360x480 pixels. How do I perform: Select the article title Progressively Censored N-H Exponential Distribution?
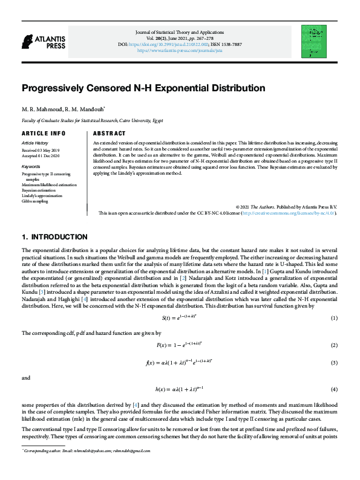click(135, 88)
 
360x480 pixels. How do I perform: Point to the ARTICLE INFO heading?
click(43, 133)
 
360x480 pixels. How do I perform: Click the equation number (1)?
click(333, 318)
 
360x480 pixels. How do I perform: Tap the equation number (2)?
click(333, 345)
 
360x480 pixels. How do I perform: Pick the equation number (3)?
click(333, 363)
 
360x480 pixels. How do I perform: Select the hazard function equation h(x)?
click(180, 389)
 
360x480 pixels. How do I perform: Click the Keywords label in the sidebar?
click(31, 166)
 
